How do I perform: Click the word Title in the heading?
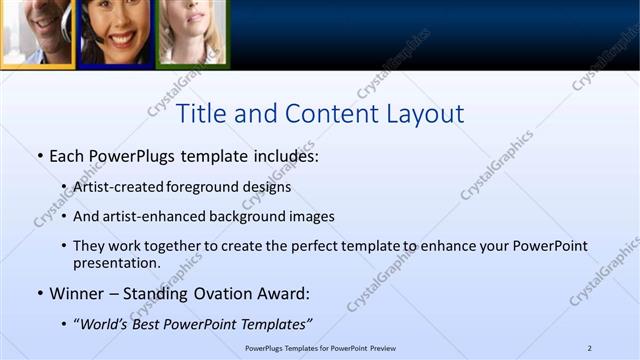[200, 114]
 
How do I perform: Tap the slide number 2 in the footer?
[590, 348]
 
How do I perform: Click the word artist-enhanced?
[147, 216]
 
